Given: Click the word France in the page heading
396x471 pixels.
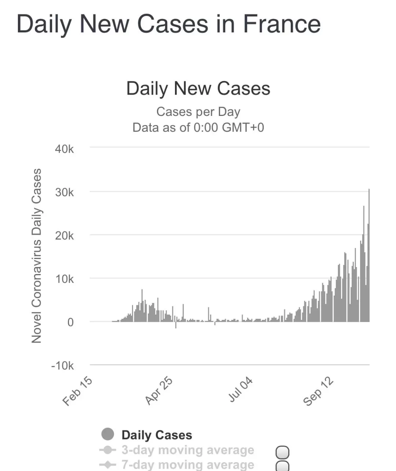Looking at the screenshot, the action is pyautogui.click(x=282, y=24).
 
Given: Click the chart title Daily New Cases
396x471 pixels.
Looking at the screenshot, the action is pyautogui.click(x=198, y=89).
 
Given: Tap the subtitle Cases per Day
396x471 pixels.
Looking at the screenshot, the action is pyautogui.click(x=198, y=112).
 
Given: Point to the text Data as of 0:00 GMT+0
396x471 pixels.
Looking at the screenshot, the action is pyautogui.click(x=198, y=127).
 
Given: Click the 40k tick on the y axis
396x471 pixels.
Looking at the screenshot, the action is pyautogui.click(x=64, y=149).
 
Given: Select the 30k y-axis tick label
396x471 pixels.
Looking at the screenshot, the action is pyautogui.click(x=64, y=193).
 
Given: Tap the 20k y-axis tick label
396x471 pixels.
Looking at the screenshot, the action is pyautogui.click(x=64, y=236).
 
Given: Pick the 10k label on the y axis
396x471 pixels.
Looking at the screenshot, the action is pyautogui.click(x=64, y=279).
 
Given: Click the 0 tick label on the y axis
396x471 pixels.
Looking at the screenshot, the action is pyautogui.click(x=70, y=322).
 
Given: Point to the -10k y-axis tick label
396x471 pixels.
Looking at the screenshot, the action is pyautogui.click(x=62, y=366).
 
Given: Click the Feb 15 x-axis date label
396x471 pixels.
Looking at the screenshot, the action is pyautogui.click(x=77, y=391).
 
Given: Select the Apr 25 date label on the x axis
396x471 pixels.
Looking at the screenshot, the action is pyautogui.click(x=159, y=390).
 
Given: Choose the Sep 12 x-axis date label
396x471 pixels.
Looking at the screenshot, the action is pyautogui.click(x=318, y=391).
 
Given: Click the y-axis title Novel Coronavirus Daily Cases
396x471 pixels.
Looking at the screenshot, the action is pyautogui.click(x=37, y=256).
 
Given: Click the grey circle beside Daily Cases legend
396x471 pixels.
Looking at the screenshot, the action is pyautogui.click(x=107, y=434).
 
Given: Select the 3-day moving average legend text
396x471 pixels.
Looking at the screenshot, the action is pyautogui.click(x=188, y=450).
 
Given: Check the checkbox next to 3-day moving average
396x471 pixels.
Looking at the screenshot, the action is pyautogui.click(x=282, y=452).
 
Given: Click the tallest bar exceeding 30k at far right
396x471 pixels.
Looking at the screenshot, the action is pyautogui.click(x=369, y=255).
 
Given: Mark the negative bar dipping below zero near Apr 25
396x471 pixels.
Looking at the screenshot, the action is pyautogui.click(x=176, y=325).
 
